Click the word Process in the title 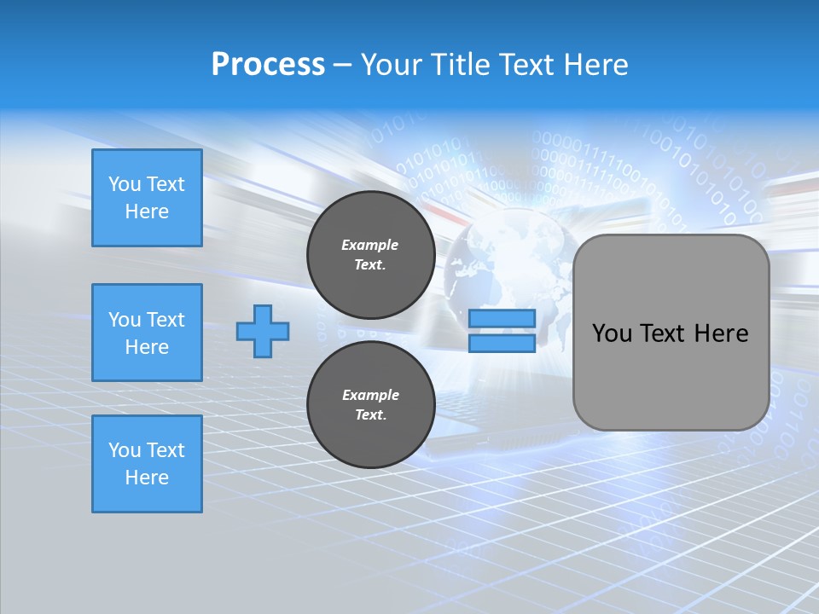268,65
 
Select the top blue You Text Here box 147,198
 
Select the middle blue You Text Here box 147,333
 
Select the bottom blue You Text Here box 147,464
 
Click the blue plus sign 262,330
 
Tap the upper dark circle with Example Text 370,255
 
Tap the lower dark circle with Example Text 370,405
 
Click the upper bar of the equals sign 502,319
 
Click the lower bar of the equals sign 502,343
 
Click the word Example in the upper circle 370,245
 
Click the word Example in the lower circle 370,395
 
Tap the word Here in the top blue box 147,211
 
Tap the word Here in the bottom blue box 147,478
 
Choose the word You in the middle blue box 125,320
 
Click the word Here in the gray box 721,333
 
